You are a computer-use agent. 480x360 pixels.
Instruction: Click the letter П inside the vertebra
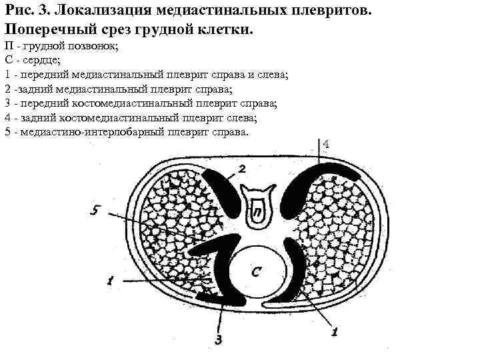coord(257,212)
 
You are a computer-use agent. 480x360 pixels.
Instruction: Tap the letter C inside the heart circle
coord(257,271)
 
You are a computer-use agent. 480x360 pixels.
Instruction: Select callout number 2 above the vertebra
coord(242,168)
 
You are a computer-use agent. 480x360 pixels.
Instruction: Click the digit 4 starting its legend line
coord(7,117)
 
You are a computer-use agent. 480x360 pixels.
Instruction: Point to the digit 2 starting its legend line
coord(7,89)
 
